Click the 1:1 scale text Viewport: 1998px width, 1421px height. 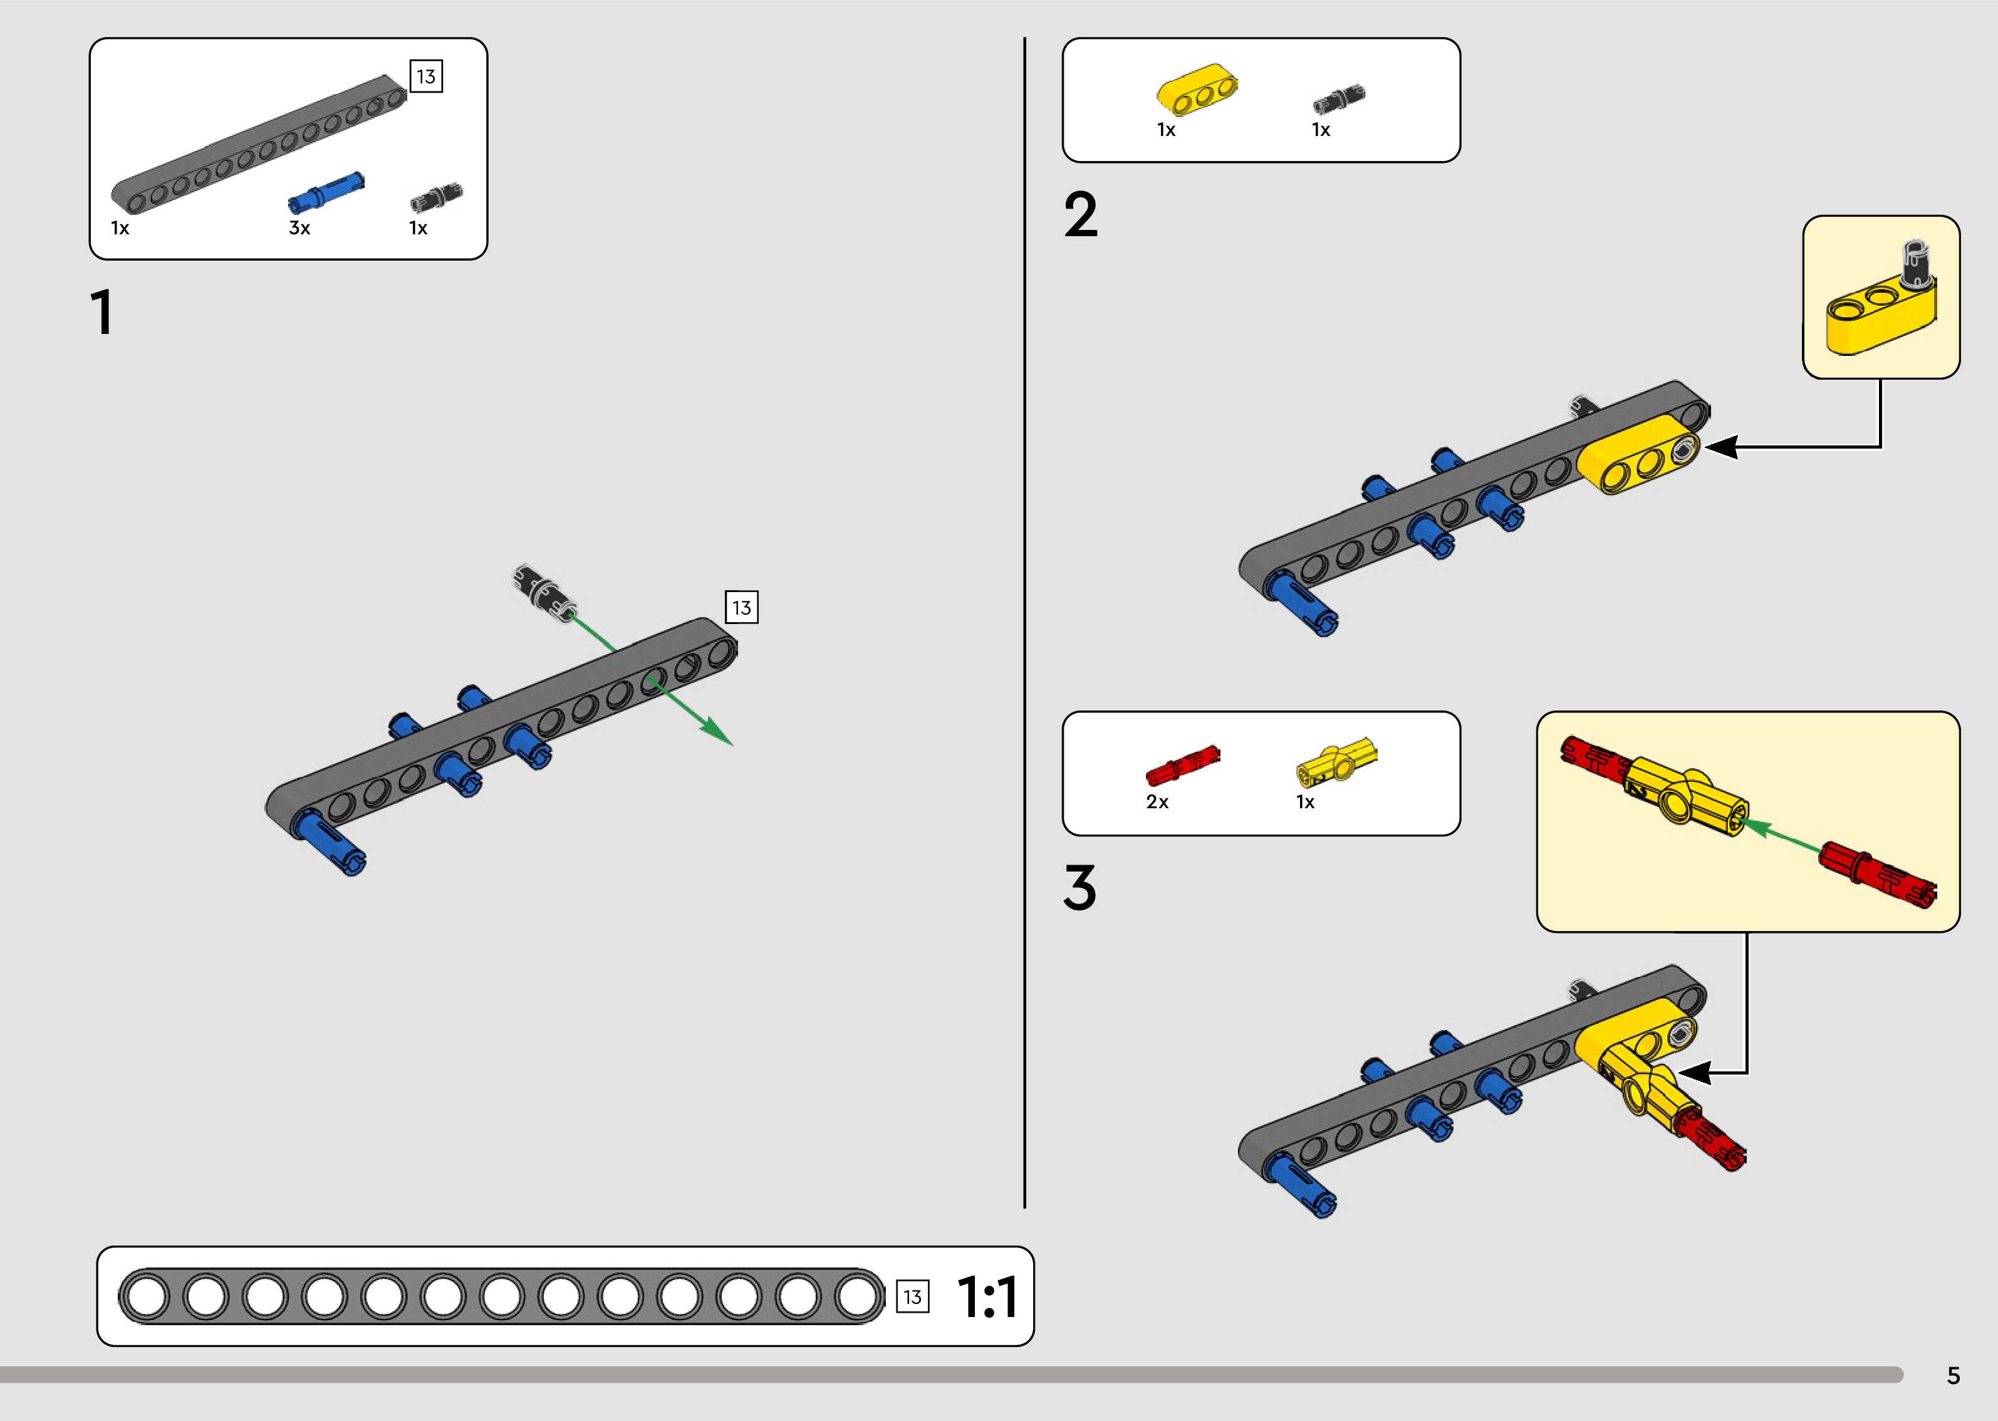click(987, 1297)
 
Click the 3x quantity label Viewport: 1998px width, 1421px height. click(299, 228)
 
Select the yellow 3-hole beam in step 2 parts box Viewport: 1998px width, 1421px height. click(1197, 89)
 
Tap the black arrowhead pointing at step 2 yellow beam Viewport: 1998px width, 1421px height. click(1720, 447)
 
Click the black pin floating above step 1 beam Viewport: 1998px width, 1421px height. click(543, 591)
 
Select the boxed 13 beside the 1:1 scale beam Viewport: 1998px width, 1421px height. click(912, 1297)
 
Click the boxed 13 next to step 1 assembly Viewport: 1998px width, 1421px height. click(741, 607)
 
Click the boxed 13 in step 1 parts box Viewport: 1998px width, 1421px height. click(426, 76)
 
